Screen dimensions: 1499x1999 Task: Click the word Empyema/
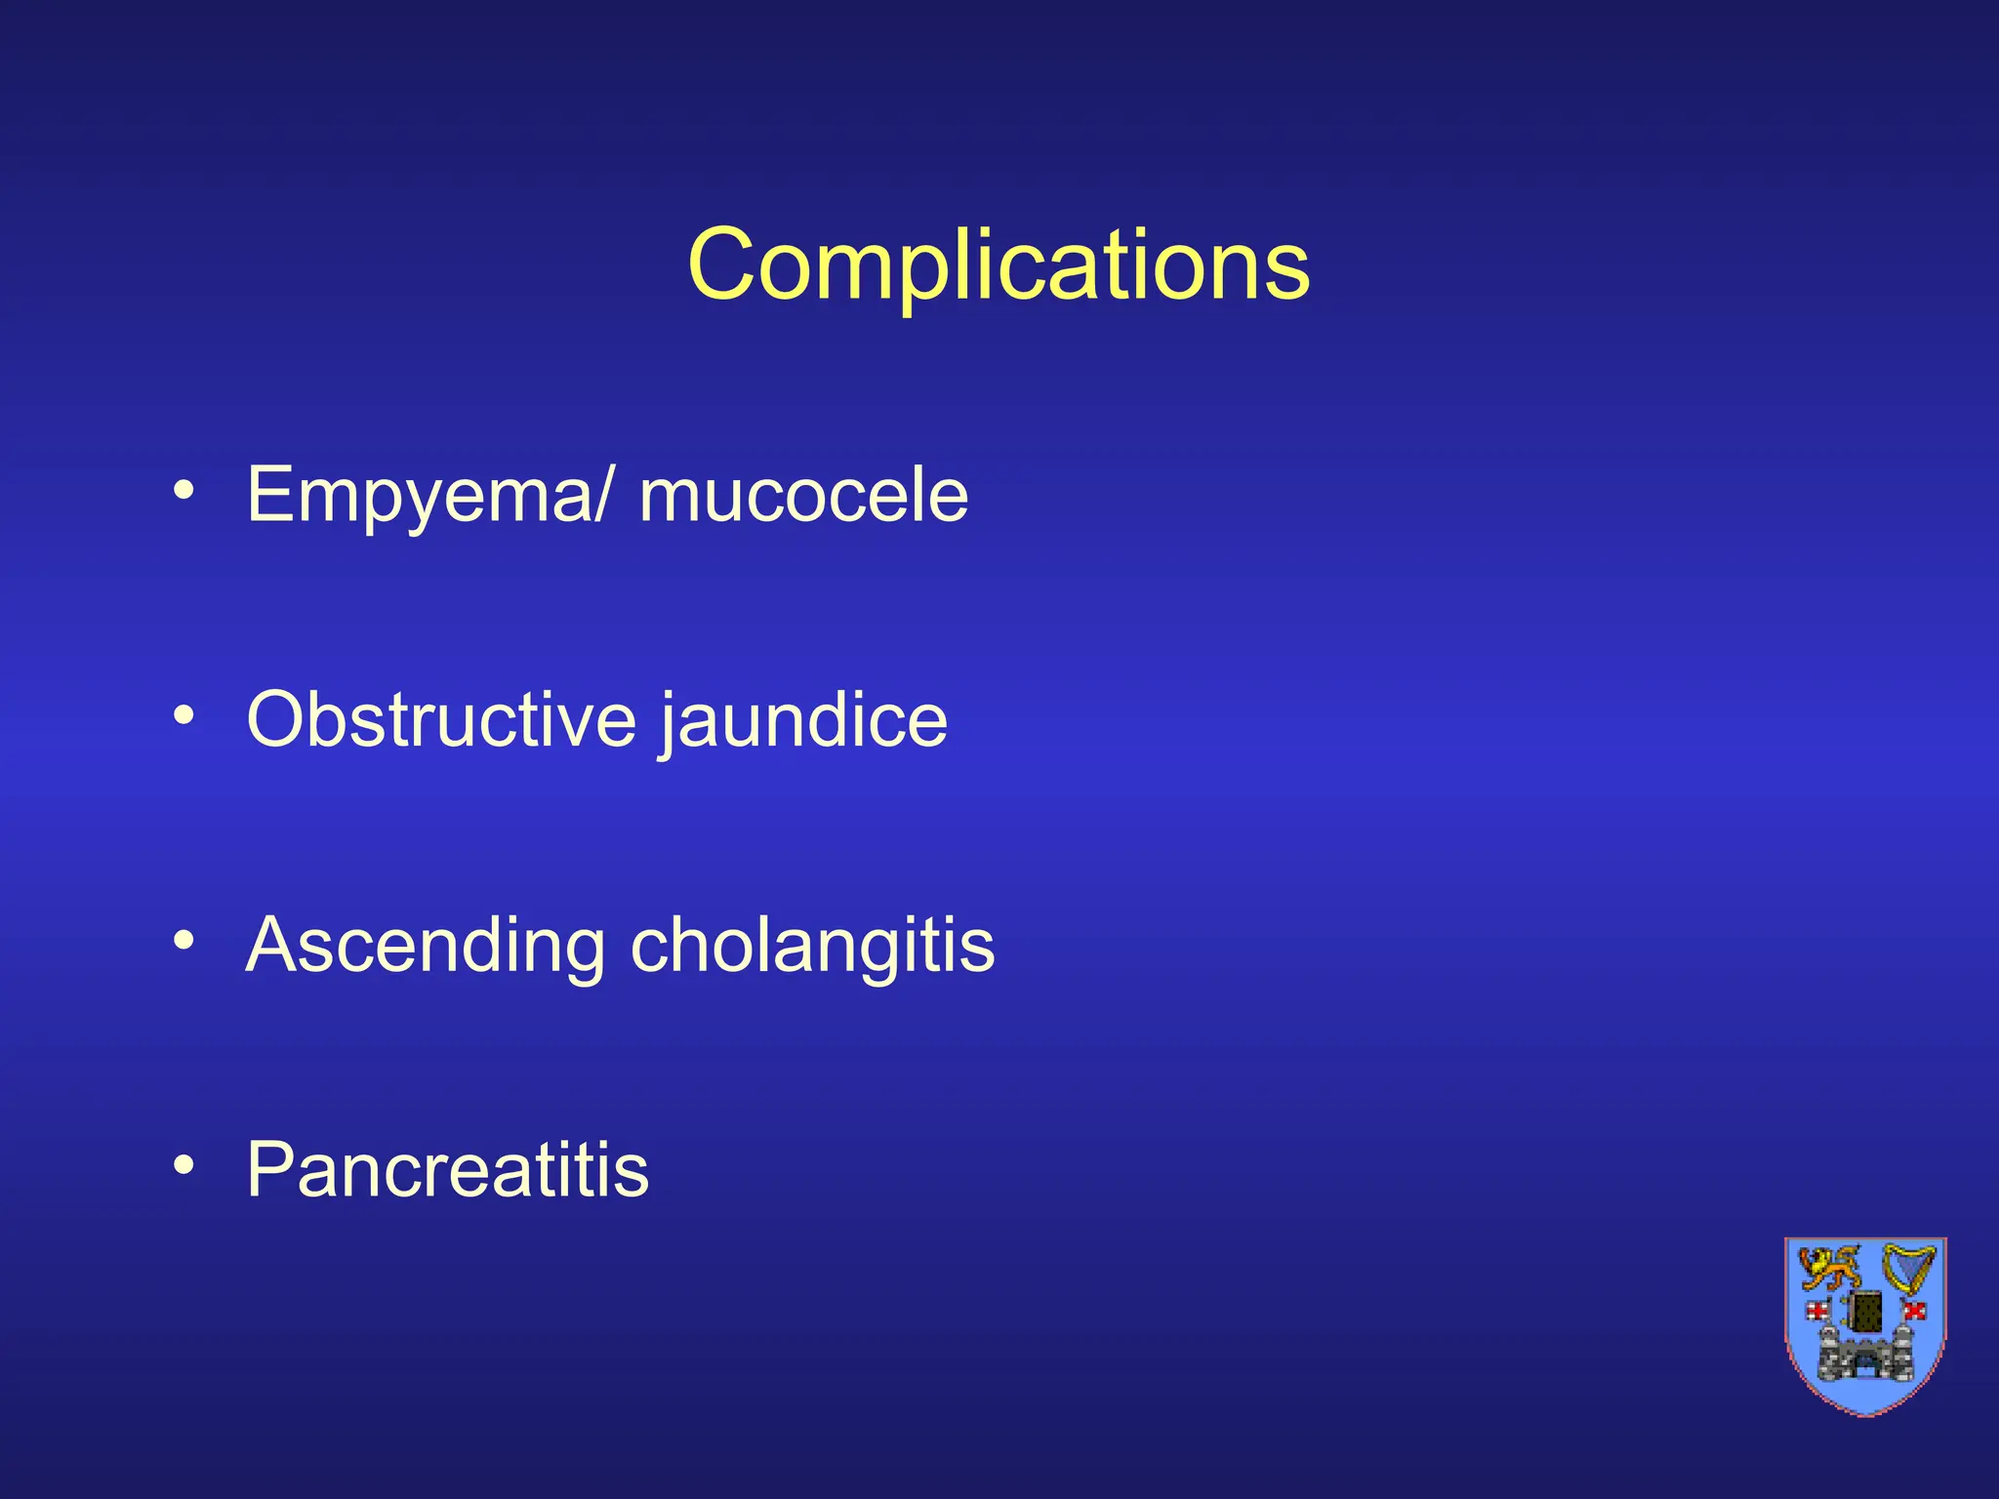(430, 496)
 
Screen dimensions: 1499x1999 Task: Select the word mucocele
(803, 496)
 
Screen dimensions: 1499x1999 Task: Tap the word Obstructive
(441, 719)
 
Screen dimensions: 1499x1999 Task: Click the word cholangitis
(812, 946)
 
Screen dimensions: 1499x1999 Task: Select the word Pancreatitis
(447, 1169)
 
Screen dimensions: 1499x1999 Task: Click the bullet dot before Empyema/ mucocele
(184, 490)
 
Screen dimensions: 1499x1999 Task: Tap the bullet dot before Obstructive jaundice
(184, 715)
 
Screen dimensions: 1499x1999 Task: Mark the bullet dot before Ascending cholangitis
(184, 940)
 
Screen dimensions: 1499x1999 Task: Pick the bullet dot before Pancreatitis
(184, 1164)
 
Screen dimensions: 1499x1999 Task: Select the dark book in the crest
(1866, 1311)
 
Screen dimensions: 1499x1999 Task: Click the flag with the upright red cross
(1818, 1310)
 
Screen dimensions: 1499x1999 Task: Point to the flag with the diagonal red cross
(1914, 1310)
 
